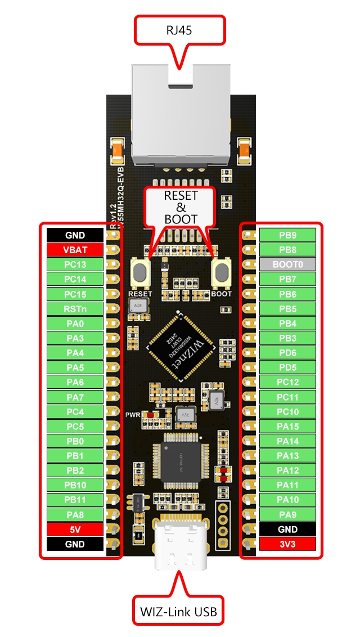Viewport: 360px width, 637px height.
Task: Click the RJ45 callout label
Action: (179, 30)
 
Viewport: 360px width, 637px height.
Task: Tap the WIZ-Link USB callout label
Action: (178, 610)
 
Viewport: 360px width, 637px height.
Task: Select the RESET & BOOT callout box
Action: (181, 207)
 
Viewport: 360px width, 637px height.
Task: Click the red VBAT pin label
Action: (75, 249)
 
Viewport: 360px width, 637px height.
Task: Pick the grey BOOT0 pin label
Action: (287, 264)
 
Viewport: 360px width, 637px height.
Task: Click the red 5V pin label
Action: (75, 530)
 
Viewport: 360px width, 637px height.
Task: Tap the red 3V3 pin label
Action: (287, 544)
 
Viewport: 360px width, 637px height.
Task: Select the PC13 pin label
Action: (75, 264)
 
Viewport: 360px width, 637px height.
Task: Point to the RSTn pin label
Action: (75, 308)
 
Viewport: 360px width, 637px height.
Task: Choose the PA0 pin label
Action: (75, 323)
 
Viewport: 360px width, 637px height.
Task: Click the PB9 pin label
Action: (287, 235)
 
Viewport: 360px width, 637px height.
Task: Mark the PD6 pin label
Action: (287, 352)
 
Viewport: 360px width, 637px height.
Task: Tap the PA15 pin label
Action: (287, 427)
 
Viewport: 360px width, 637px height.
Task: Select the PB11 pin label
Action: (75, 500)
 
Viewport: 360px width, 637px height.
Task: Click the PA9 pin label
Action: (287, 514)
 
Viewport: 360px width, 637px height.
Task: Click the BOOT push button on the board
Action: (222, 274)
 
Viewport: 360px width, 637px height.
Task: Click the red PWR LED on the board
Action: (149, 415)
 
